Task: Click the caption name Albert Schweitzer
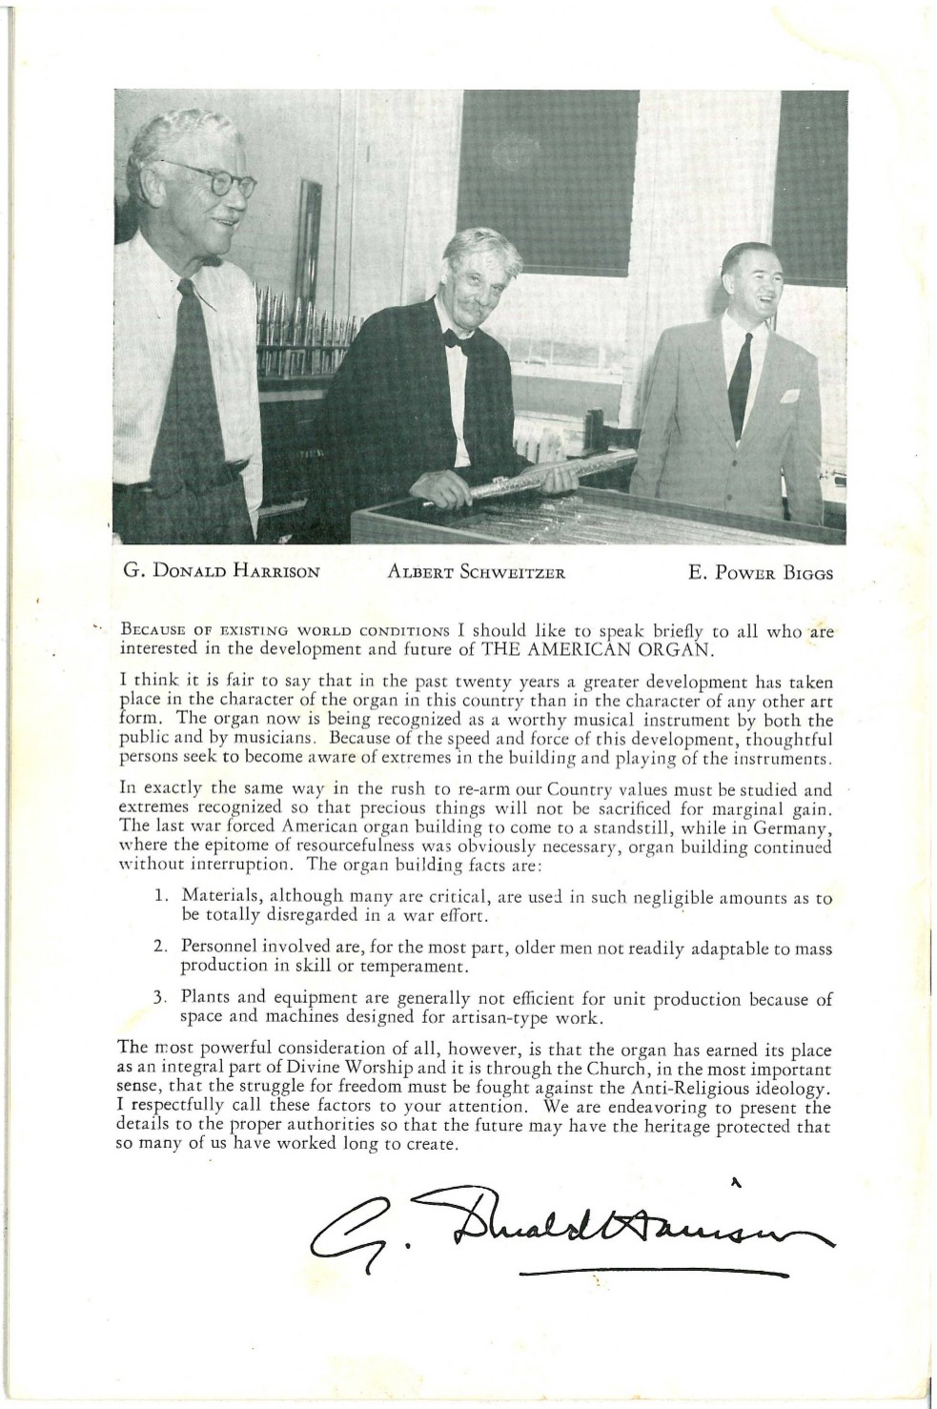pyautogui.click(x=462, y=573)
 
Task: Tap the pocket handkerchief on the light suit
pyautogui.click(x=789, y=395)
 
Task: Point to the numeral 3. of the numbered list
pyautogui.click(x=162, y=1001)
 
